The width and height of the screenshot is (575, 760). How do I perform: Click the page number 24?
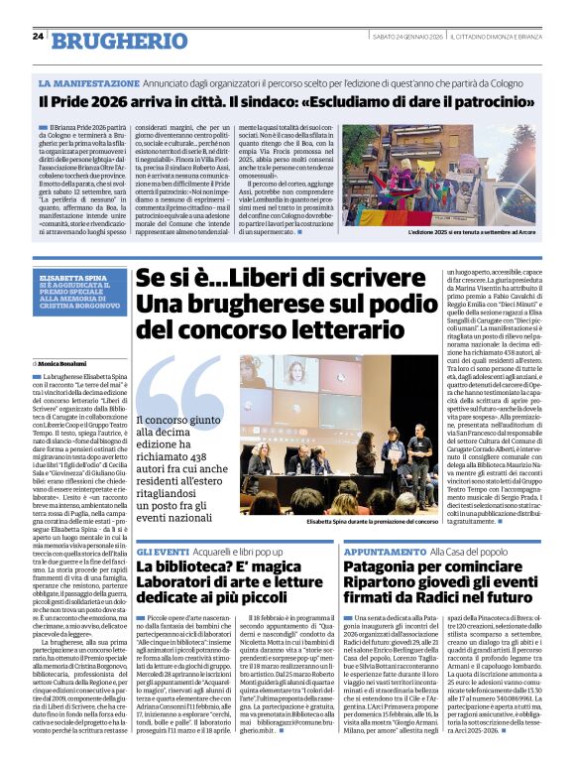tap(38, 37)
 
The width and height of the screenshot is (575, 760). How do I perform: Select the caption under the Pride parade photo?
tap(472, 232)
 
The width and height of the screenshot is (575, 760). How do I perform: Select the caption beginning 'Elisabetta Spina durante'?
tap(372, 520)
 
